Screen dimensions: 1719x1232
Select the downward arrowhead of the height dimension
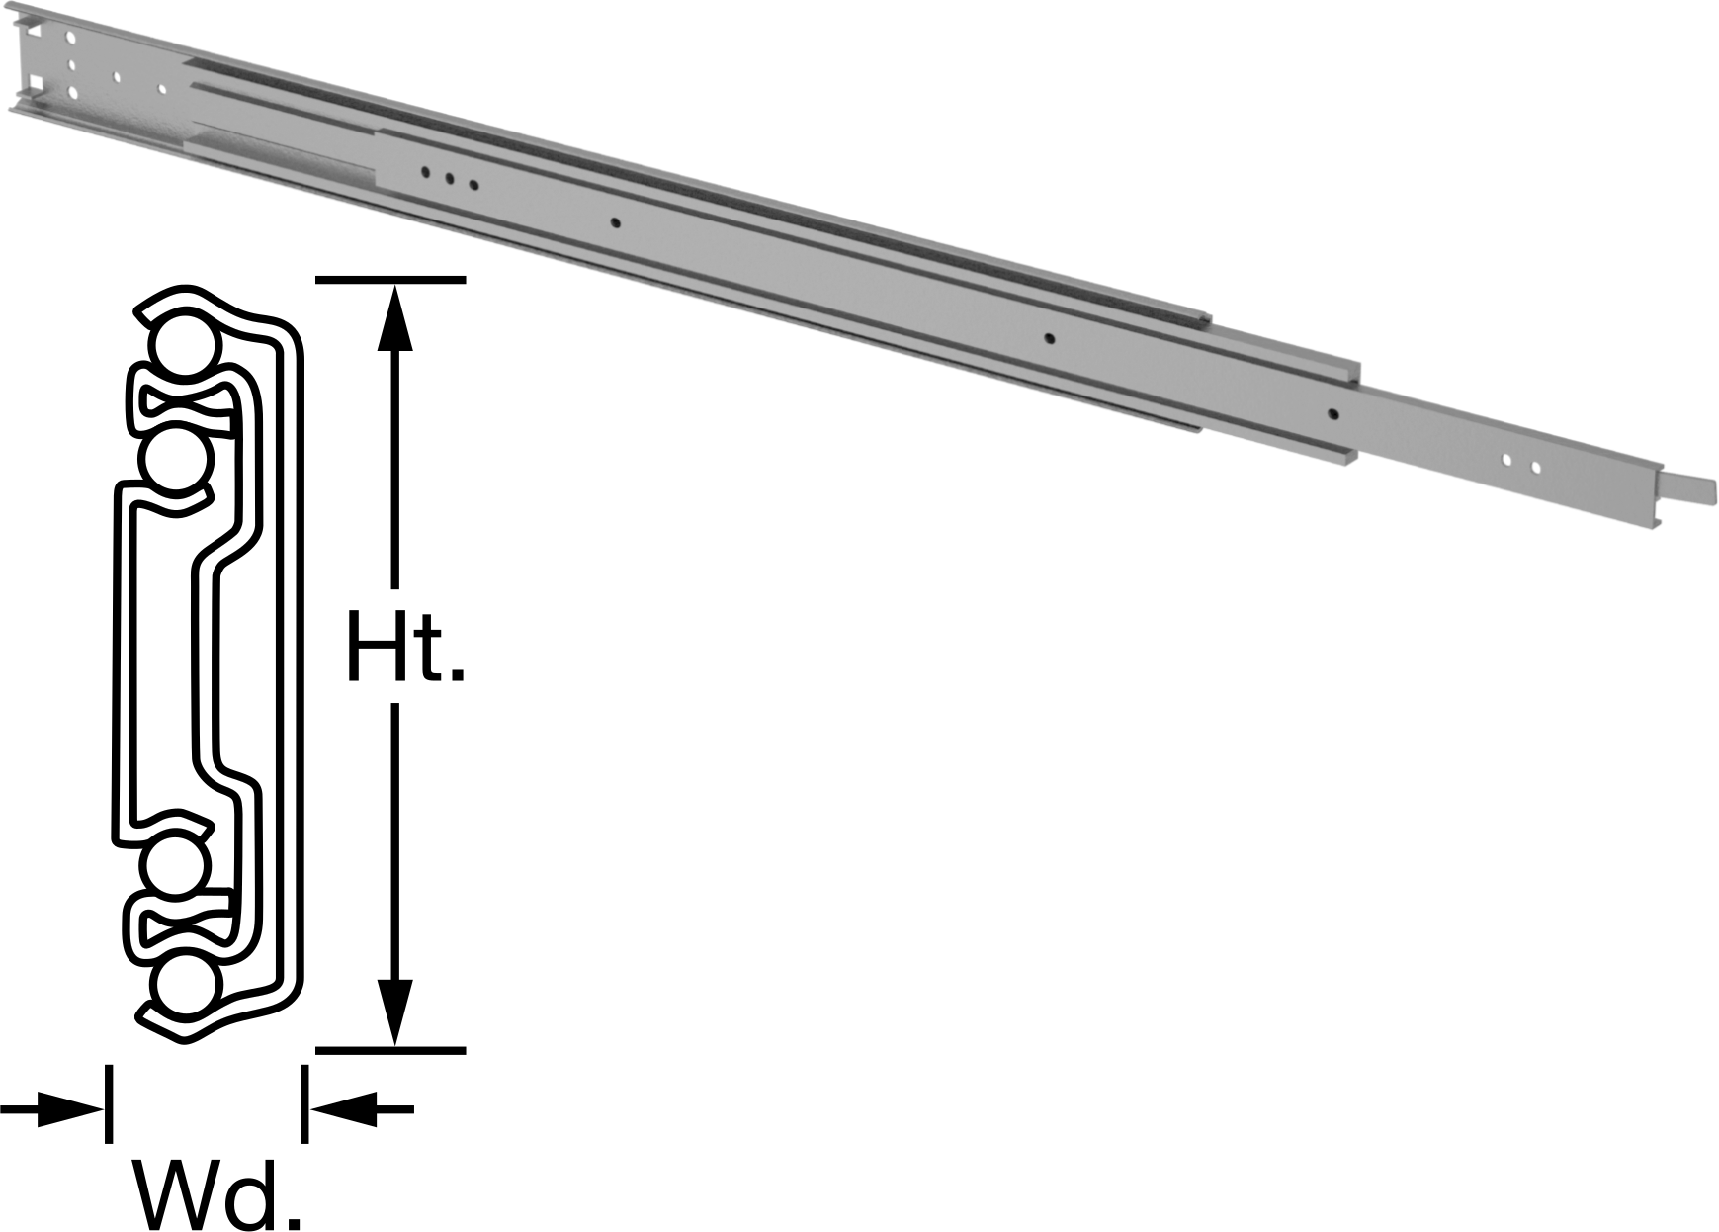coord(394,1012)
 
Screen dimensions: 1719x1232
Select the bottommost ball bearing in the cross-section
coord(185,986)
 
